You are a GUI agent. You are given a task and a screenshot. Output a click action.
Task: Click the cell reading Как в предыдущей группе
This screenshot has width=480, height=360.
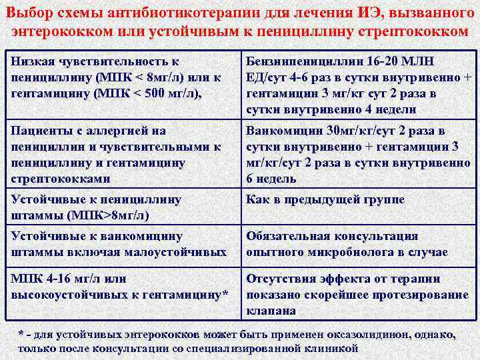pyautogui.click(x=325, y=200)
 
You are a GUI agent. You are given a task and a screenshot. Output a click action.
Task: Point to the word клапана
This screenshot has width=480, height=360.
pyautogui.click(x=271, y=310)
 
